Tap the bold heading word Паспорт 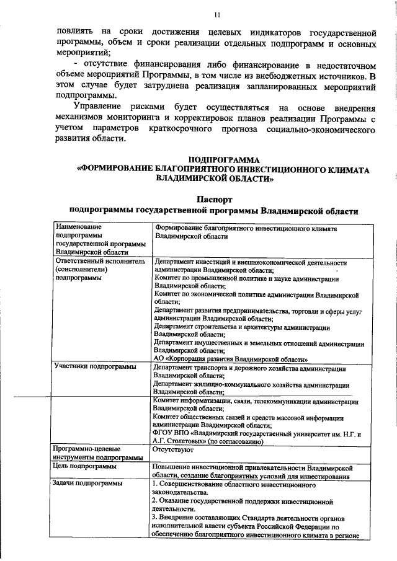coord(214,200)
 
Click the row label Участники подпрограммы coord(94,367)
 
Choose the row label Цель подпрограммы coord(85,466)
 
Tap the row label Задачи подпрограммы coord(87,482)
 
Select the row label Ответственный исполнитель coord(100,262)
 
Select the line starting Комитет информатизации coord(255,400)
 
